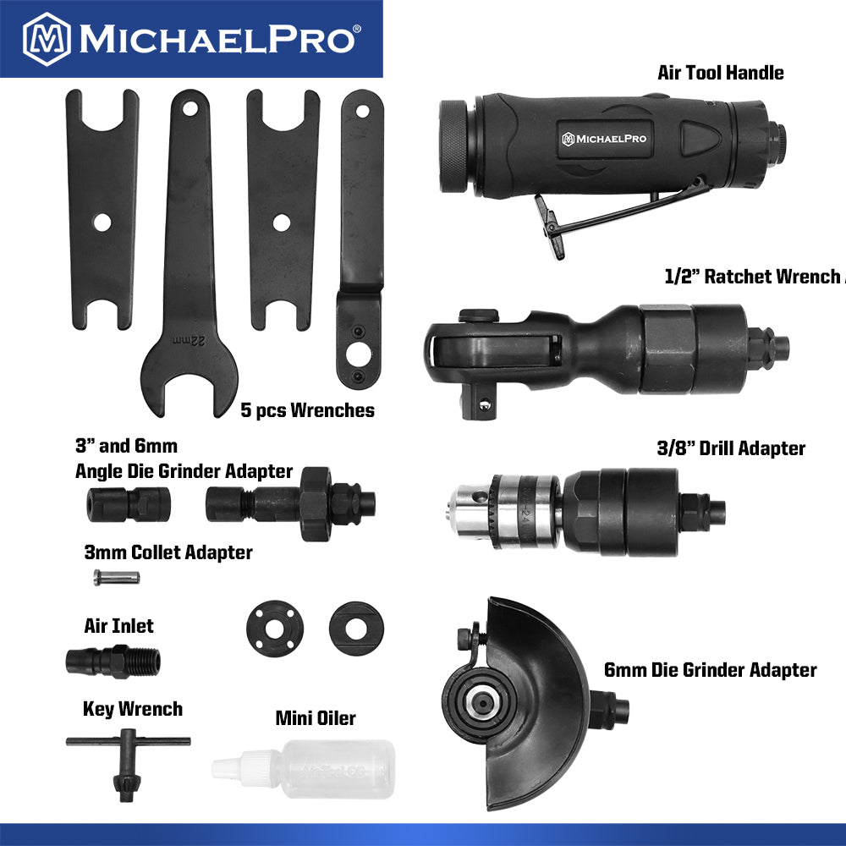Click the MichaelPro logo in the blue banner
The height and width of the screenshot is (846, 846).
click(x=191, y=38)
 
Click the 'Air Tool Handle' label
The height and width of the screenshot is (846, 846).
click(x=720, y=73)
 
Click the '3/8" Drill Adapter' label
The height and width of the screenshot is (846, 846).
click(x=730, y=448)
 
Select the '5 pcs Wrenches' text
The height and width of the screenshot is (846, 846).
click(x=307, y=411)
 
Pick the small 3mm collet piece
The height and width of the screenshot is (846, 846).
click(x=116, y=577)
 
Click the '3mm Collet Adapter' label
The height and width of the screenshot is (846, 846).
click(x=168, y=553)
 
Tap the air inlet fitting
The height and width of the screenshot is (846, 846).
click(x=113, y=659)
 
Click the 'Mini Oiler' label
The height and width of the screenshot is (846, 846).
click(x=316, y=719)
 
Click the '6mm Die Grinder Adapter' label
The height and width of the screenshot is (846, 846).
click(x=710, y=671)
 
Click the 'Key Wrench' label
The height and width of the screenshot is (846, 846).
click(x=132, y=709)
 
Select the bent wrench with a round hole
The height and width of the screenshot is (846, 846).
click(x=360, y=245)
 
